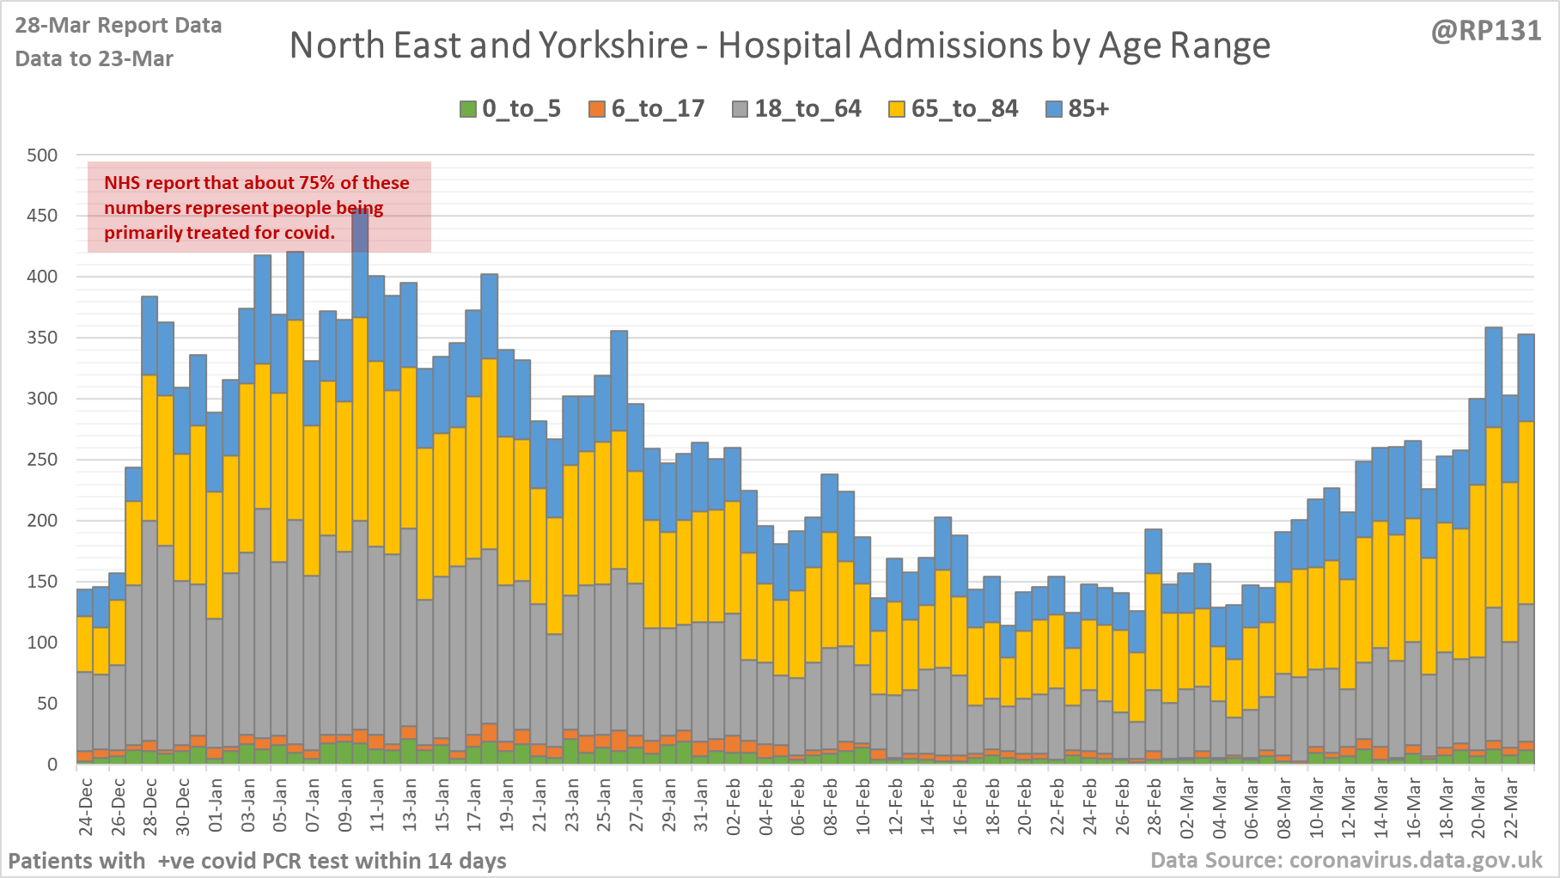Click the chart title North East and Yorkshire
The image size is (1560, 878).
point(779,46)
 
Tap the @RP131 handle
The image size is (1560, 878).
point(1486,31)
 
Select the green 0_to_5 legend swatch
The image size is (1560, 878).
point(468,109)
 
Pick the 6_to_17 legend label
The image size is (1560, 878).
point(657,109)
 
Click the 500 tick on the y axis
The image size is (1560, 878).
point(42,155)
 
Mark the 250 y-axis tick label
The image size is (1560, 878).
point(42,460)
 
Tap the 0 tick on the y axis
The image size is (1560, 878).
point(52,764)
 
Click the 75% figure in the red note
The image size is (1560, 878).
point(316,183)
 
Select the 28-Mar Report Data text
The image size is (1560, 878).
point(119,26)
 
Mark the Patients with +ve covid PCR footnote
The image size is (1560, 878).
point(257,861)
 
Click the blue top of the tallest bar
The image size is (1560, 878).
point(361,258)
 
